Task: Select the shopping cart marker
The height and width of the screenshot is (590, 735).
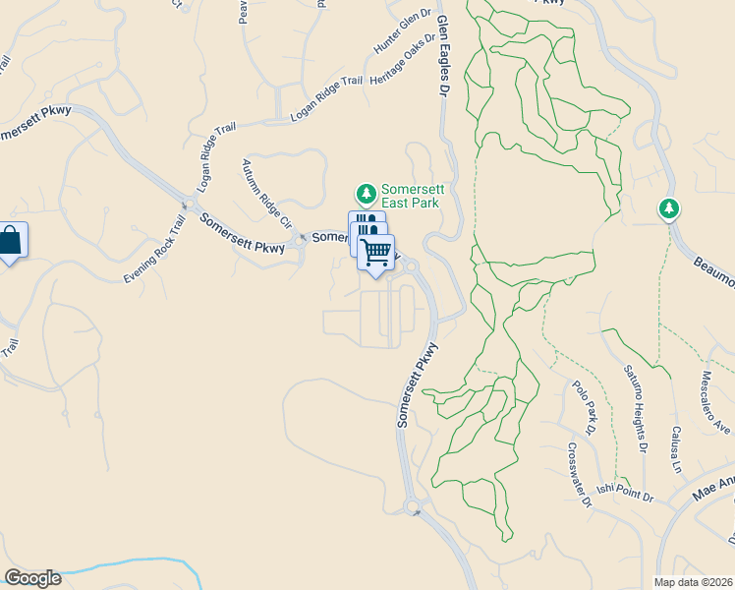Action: (376, 253)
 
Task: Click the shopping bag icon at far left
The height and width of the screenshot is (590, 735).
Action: (11, 241)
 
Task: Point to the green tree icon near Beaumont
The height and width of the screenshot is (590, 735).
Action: (669, 208)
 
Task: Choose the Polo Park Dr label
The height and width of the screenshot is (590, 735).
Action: (585, 404)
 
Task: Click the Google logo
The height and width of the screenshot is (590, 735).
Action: (32, 578)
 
